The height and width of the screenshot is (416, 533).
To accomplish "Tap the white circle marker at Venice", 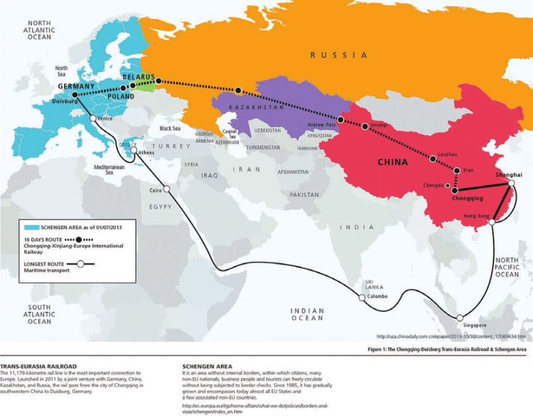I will pyautogui.click(x=93, y=118).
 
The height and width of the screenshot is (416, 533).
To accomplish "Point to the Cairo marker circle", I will pyautogui.click(x=166, y=189).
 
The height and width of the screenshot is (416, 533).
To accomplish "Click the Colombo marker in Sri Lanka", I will pyautogui.click(x=362, y=298).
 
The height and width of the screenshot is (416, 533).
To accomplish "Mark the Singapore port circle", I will pyautogui.click(x=459, y=318).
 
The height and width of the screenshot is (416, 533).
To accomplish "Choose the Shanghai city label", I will pyautogui.click(x=509, y=176).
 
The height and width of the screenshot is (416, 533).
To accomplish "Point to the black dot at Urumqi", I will pyautogui.click(x=366, y=126).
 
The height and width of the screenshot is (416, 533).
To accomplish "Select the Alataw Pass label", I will pyautogui.click(x=323, y=124).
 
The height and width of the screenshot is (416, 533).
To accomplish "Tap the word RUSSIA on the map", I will pyautogui.click(x=338, y=55).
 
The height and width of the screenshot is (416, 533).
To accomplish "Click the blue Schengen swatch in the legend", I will pyautogui.click(x=31, y=227).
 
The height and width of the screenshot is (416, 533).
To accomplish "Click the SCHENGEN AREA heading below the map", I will pyautogui.click(x=207, y=365).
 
